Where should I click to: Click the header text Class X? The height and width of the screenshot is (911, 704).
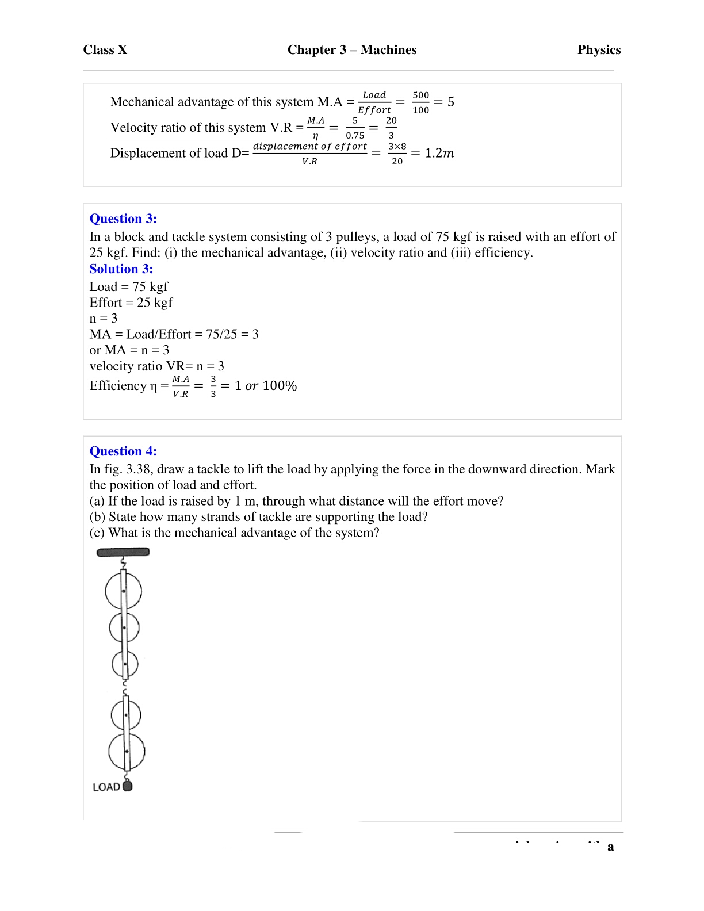(x=105, y=50)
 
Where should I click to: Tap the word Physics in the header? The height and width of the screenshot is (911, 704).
(x=599, y=50)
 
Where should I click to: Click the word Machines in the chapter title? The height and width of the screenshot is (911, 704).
(x=388, y=50)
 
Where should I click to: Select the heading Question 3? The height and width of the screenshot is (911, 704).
(x=123, y=219)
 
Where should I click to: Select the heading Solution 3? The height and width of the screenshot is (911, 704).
(x=121, y=269)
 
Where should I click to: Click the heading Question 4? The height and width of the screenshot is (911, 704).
(x=123, y=451)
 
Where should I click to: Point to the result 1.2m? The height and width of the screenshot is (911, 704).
(x=439, y=153)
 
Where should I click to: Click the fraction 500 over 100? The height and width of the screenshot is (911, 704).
(x=420, y=102)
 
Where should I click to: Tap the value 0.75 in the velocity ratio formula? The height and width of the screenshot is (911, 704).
(x=355, y=135)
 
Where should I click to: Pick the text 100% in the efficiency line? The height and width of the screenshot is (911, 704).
(x=280, y=386)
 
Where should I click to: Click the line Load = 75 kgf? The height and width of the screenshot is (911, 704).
(x=129, y=286)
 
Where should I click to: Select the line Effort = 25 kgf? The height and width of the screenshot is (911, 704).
(x=131, y=303)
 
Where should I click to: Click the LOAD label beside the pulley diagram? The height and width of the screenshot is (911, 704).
(x=106, y=787)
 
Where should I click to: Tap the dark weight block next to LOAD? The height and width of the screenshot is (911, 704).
(x=128, y=786)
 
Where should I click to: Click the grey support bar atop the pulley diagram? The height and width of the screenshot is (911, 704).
(x=123, y=552)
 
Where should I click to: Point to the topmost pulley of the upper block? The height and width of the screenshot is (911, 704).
(x=123, y=591)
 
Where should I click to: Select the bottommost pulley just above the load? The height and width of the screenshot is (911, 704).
(x=127, y=751)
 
